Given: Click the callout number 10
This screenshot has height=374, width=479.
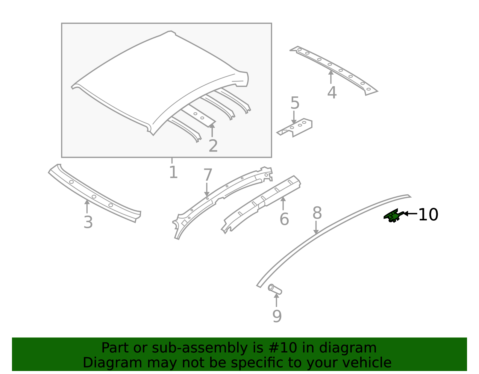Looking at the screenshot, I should click(428, 215).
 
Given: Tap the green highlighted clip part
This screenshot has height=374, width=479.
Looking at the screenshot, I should click(393, 216).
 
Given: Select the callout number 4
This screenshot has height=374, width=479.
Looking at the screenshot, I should click(332, 93).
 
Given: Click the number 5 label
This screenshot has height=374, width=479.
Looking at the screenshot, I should click(295, 103).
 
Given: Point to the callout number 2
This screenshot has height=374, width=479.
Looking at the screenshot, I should click(213, 146).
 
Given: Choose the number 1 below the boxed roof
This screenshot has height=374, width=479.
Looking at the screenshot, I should click(173, 173).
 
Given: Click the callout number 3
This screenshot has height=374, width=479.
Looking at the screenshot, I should click(88, 222).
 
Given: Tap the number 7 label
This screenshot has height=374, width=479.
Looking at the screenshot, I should click(208, 175).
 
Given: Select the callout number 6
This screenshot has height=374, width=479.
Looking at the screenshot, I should click(284, 219).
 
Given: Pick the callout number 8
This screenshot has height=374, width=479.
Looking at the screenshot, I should click(317, 214).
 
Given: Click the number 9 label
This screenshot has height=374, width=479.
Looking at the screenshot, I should click(277, 317).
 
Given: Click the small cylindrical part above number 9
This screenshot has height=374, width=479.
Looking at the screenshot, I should click(275, 289).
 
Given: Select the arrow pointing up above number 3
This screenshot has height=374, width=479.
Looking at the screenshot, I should click(87, 206).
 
